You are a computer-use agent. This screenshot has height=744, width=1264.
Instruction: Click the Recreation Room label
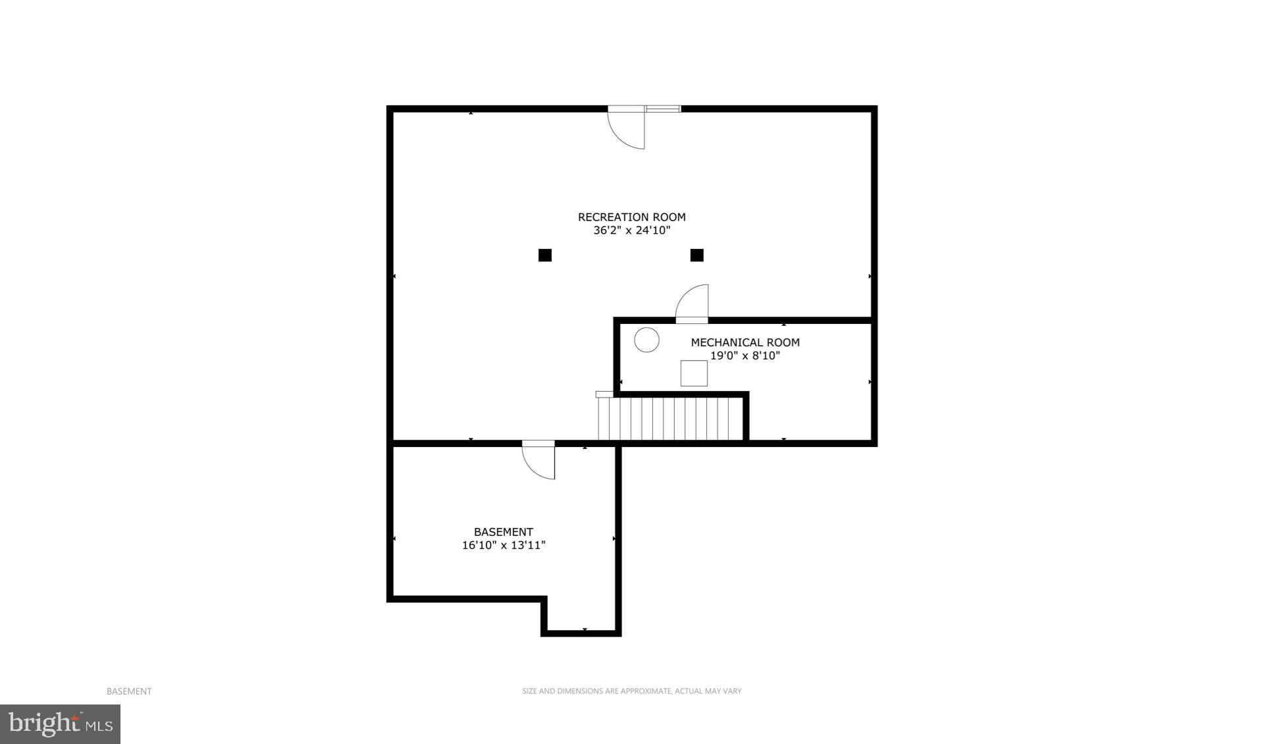[631, 217]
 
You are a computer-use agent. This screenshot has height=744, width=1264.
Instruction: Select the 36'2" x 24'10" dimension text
[631, 230]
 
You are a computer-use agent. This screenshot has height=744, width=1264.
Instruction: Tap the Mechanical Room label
[745, 342]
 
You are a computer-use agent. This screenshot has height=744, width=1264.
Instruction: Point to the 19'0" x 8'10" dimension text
[745, 356]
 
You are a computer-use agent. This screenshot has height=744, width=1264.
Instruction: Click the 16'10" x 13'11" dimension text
[504, 545]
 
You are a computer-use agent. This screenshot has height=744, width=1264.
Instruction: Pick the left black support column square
[545, 255]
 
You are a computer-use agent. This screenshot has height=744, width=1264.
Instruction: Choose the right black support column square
[697, 255]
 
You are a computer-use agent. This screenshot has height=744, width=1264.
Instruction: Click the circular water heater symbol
[646, 340]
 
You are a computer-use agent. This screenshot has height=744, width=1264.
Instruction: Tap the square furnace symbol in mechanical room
[694, 373]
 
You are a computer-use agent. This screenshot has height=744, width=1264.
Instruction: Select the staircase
[670, 418]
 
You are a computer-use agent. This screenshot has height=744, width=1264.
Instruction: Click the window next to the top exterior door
[662, 109]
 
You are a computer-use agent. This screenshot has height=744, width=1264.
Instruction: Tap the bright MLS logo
[60, 724]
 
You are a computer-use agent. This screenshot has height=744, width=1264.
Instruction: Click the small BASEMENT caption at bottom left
[129, 691]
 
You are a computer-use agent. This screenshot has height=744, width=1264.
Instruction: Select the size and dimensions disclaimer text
[631, 691]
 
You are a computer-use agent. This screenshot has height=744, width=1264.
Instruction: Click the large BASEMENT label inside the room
[504, 532]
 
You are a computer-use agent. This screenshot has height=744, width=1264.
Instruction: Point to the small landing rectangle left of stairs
[604, 394]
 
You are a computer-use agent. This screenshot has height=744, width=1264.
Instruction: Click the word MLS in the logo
[100, 726]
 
